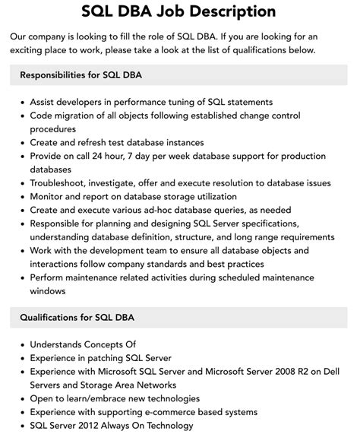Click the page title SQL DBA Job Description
[179, 11]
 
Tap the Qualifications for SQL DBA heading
[77, 317]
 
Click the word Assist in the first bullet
[45, 102]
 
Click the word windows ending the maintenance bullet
[48, 290]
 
